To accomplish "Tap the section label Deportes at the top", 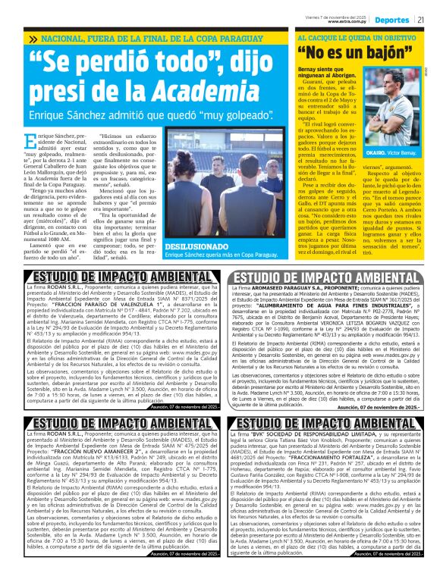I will click(394, 19).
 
